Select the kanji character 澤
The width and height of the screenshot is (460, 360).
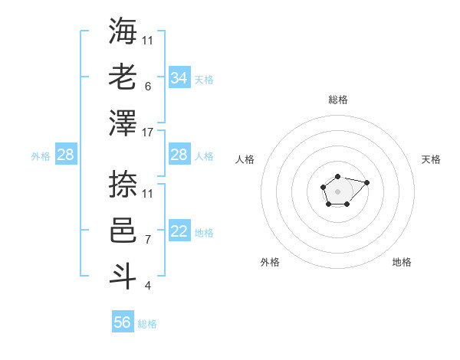click(x=123, y=123)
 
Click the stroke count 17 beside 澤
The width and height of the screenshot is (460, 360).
click(x=149, y=133)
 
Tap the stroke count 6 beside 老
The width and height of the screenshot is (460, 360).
click(x=147, y=87)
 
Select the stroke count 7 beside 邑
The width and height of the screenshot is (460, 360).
click(x=147, y=240)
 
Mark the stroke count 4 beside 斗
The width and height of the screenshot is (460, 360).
click(x=147, y=286)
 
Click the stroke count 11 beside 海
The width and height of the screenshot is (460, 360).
click(x=149, y=40)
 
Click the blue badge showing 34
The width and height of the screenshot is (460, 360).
click(x=179, y=77)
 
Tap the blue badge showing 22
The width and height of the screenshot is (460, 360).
click(x=179, y=232)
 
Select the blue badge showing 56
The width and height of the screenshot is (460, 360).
click(x=123, y=322)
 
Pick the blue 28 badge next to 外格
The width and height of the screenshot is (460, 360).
click(x=66, y=155)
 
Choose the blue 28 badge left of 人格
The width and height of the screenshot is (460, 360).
click(x=179, y=155)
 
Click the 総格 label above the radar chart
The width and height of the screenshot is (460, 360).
click(x=338, y=100)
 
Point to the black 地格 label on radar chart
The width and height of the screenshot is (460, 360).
click(x=402, y=262)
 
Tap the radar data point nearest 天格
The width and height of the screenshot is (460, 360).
click(x=366, y=182)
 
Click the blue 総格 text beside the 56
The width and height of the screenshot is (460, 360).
click(x=147, y=324)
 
